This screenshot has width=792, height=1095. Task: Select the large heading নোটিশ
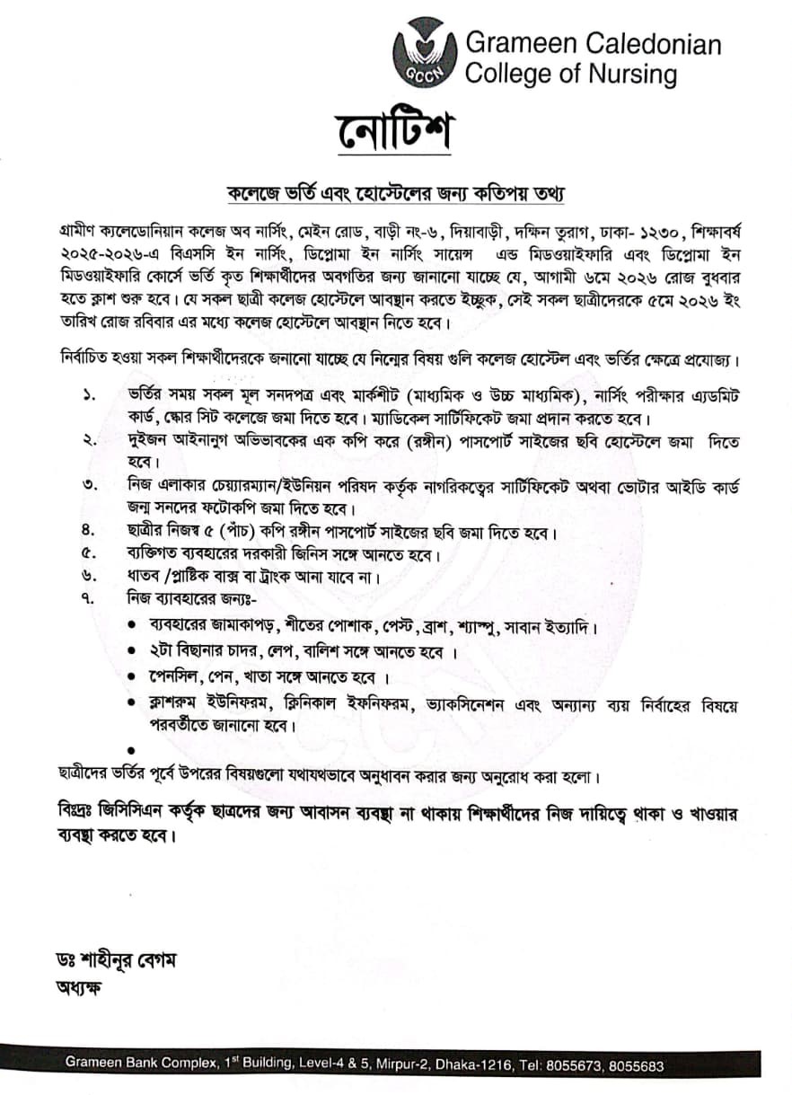coord(396,133)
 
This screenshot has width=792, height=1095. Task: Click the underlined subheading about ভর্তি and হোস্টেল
coord(395,194)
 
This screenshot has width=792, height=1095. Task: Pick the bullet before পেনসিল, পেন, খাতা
coord(132,676)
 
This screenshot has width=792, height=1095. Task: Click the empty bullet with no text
coord(132,747)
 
